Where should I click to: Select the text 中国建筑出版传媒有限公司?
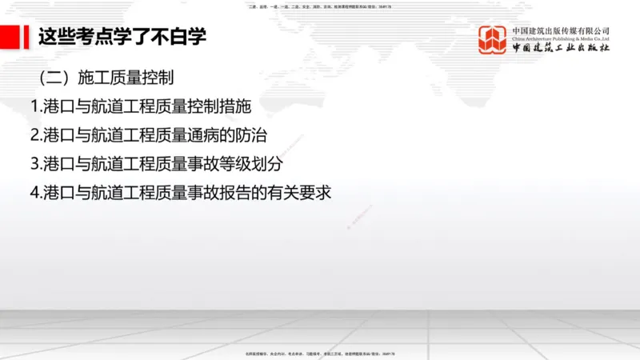pyautogui.click(x=561, y=30)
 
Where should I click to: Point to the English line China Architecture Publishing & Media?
pyautogui.click(x=561, y=38)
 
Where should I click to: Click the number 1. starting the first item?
pyautogui.click(x=35, y=106)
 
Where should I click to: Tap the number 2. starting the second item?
pyautogui.click(x=35, y=135)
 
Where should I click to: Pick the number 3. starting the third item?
pyautogui.click(x=35, y=163)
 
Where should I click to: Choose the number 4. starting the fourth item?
pyautogui.click(x=35, y=192)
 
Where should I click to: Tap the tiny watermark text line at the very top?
pyautogui.click(x=320, y=6)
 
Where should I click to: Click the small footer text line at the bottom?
pyautogui.click(x=320, y=354)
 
